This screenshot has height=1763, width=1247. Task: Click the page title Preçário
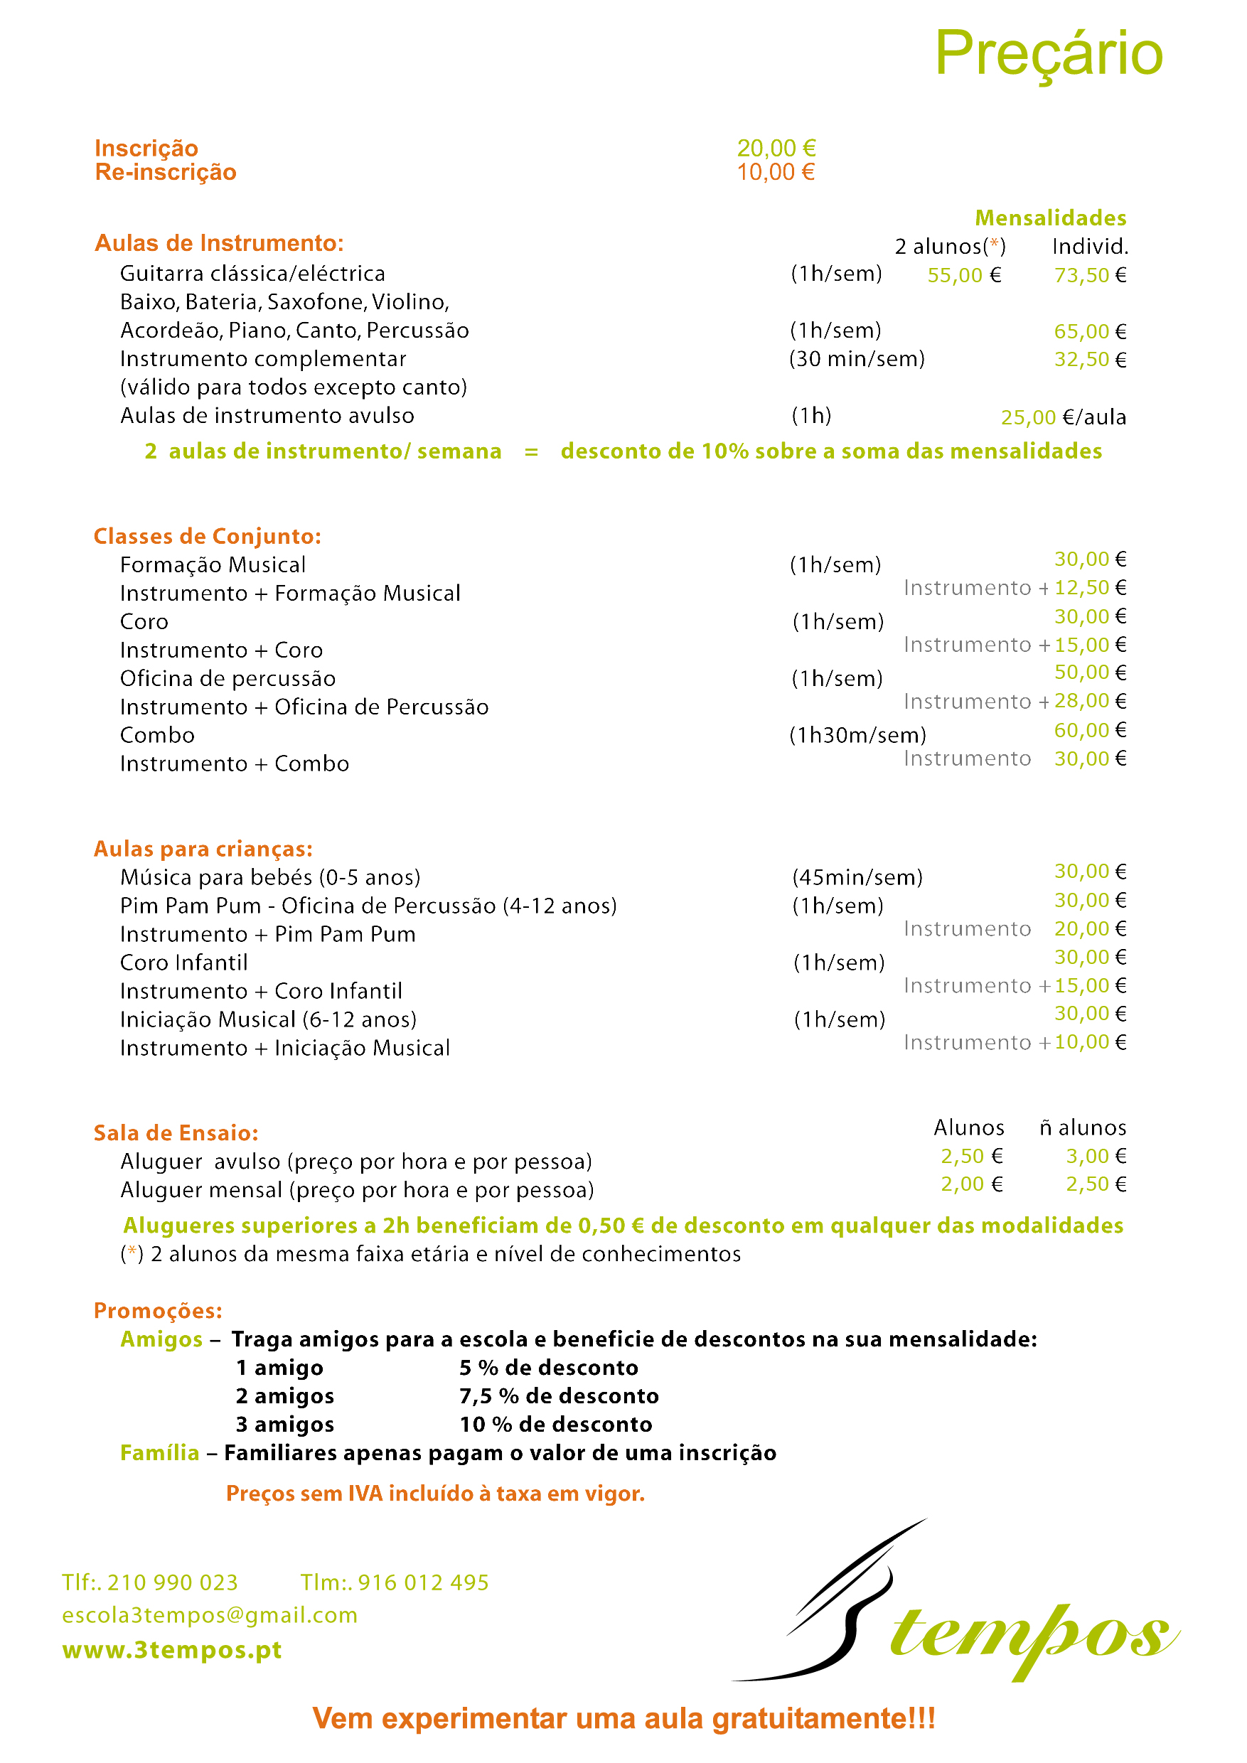pos(1048,54)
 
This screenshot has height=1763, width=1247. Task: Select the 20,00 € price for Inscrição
pos(776,148)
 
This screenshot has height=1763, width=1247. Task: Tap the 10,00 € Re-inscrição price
pos(776,172)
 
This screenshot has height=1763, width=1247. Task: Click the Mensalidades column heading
pos(1051,218)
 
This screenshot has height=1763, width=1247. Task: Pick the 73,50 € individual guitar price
pos(1090,275)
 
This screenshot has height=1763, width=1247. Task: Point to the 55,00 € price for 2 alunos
pos(965,275)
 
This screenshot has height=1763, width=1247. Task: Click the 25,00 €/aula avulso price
pos(1063,417)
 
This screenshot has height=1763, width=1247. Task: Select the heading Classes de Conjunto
pos(208,536)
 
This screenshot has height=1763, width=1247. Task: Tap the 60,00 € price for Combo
pos(1090,730)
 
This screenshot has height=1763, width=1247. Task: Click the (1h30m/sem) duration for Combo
pos(857,736)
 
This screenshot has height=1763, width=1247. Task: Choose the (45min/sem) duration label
pos(857,878)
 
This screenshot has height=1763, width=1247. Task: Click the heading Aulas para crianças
pos(203,849)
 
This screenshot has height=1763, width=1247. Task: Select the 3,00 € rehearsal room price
pos(1096,1156)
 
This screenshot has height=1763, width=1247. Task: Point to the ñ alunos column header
pos(1083,1127)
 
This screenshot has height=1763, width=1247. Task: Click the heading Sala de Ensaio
pos(176,1132)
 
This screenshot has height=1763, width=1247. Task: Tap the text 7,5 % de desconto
pos(559,1396)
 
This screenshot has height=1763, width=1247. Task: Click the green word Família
pos(160,1453)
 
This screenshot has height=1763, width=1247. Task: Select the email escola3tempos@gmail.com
pos(210,1615)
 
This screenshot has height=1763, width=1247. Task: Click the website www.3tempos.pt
pos(172,1649)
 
